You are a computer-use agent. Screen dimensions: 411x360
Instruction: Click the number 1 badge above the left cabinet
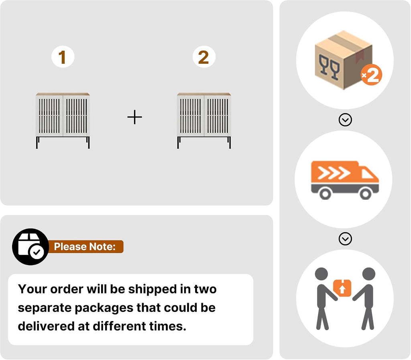click(63, 57)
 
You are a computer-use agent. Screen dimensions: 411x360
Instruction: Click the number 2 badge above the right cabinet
click(204, 57)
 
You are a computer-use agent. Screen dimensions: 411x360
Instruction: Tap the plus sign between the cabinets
click(135, 117)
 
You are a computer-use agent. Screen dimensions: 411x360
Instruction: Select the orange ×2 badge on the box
click(371, 75)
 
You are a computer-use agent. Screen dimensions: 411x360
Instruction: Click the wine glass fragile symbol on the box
click(329, 67)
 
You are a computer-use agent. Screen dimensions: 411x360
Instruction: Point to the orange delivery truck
click(345, 180)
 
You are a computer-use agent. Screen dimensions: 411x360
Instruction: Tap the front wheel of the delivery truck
click(365, 194)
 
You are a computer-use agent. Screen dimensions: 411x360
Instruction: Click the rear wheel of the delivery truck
click(325, 194)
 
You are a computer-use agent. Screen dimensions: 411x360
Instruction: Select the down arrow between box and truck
click(345, 119)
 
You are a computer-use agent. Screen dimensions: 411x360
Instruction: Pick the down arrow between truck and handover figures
click(345, 239)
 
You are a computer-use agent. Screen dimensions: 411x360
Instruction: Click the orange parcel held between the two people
click(342, 288)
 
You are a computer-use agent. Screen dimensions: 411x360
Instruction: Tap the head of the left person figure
click(321, 274)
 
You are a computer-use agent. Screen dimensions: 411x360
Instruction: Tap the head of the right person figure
click(369, 274)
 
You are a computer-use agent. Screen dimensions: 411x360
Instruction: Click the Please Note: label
click(85, 247)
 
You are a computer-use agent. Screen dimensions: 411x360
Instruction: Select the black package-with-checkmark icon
click(31, 247)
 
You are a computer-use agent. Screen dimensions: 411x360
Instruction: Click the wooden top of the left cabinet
click(63, 94)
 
